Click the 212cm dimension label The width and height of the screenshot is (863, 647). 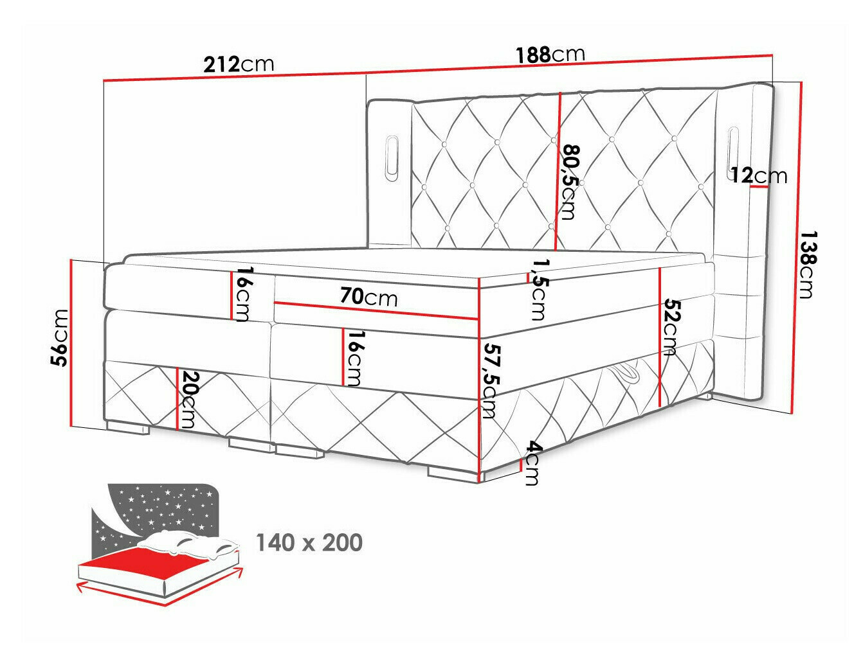pyautogui.click(x=239, y=64)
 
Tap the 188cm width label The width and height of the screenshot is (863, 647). pyautogui.click(x=550, y=55)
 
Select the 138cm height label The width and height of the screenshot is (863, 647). pyautogui.click(x=806, y=265)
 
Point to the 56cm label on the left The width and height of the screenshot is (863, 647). pyautogui.click(x=60, y=337)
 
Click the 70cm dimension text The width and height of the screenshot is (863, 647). pyautogui.click(x=368, y=297)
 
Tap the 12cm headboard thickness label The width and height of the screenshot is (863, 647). pyautogui.click(x=758, y=175)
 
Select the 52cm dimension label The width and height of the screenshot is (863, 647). pyautogui.click(x=671, y=326)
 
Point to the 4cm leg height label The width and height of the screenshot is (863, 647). pyautogui.click(x=531, y=463)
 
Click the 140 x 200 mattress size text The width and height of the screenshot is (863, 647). pyautogui.click(x=309, y=543)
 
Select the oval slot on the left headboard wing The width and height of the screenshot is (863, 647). pyautogui.click(x=392, y=154)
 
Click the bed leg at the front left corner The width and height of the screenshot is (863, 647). pyautogui.click(x=127, y=426)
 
